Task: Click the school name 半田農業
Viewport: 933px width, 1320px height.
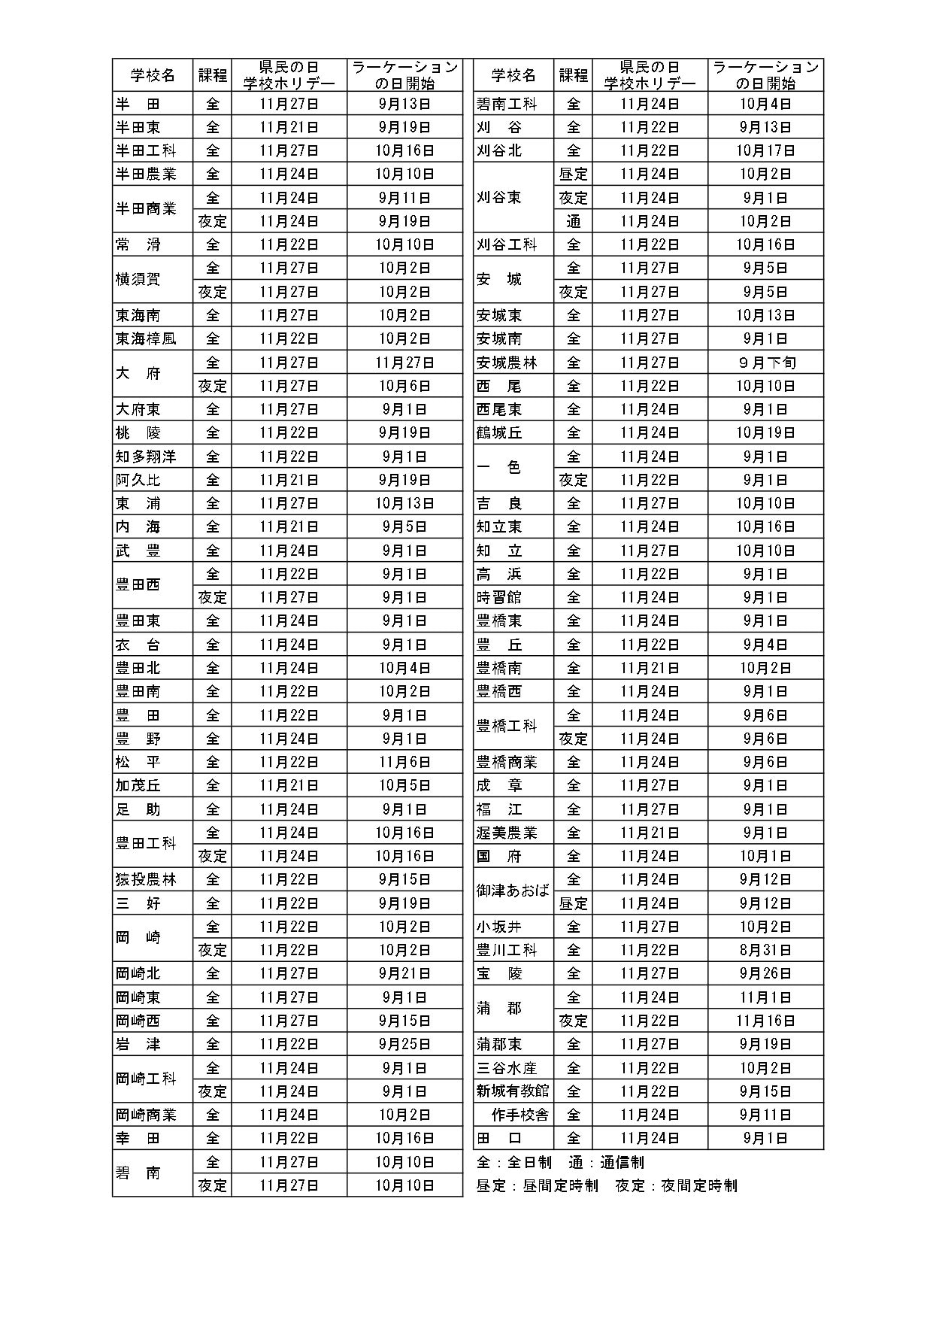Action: click(146, 174)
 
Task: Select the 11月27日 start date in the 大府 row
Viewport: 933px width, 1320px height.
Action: click(404, 362)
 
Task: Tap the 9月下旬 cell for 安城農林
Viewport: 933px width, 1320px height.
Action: click(765, 362)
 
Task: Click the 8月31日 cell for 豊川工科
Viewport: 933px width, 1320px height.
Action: click(765, 950)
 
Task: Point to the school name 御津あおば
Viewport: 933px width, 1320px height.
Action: click(513, 891)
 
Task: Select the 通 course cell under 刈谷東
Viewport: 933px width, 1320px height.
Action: click(573, 221)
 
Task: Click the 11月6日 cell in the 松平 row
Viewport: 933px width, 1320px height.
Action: click(404, 762)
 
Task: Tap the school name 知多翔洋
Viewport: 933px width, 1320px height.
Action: click(146, 456)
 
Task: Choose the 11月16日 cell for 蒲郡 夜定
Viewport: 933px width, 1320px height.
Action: click(765, 1021)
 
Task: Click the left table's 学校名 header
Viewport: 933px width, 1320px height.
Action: click(152, 75)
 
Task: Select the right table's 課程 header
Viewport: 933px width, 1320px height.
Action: click(573, 75)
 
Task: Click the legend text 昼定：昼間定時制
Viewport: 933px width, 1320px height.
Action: click(537, 1185)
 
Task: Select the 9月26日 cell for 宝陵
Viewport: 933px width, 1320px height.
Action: click(765, 973)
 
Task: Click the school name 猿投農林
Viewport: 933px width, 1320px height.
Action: click(146, 879)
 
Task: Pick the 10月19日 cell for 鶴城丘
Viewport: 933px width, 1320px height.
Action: click(765, 432)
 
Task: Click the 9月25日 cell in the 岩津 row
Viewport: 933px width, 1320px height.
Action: click(404, 1044)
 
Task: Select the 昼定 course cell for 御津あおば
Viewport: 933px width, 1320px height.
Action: click(573, 903)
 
